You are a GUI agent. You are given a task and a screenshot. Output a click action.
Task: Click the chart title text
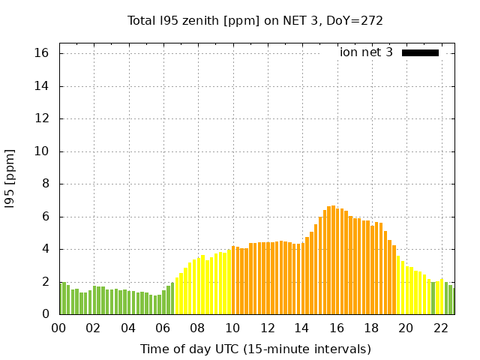[x=255, y=20]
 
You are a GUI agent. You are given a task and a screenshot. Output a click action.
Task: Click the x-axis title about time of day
[x=255, y=349]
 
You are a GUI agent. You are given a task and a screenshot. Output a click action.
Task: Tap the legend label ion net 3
[x=366, y=52]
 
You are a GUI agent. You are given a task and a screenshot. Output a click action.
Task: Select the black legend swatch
[x=420, y=52]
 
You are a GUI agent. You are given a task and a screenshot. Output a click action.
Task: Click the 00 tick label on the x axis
[x=59, y=328]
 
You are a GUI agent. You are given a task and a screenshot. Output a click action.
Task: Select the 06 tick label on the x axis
[x=163, y=328]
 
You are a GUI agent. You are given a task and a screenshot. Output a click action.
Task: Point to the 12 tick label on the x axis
[x=268, y=328]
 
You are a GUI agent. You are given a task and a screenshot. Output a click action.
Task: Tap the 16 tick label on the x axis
[x=337, y=328]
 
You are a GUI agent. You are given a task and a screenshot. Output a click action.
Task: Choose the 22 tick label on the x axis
[x=441, y=328]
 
